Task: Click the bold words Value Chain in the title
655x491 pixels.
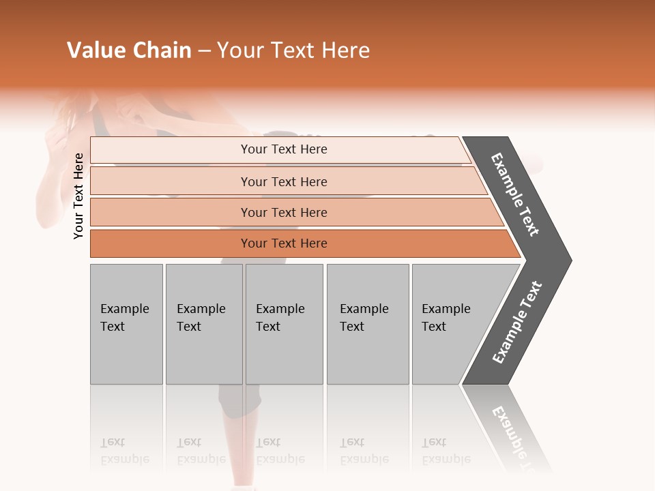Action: point(129,50)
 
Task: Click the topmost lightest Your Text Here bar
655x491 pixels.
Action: point(283,149)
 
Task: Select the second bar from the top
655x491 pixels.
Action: point(283,181)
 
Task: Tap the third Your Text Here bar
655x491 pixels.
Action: point(283,212)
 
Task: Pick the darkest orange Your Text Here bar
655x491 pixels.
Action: point(283,243)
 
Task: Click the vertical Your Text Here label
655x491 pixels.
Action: point(78,196)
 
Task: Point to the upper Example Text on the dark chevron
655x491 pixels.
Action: point(516,194)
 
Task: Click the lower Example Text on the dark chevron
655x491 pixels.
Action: point(517,322)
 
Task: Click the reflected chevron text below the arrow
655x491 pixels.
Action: point(512,436)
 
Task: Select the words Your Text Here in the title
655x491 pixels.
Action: point(293,50)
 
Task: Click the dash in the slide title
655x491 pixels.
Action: point(204,51)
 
